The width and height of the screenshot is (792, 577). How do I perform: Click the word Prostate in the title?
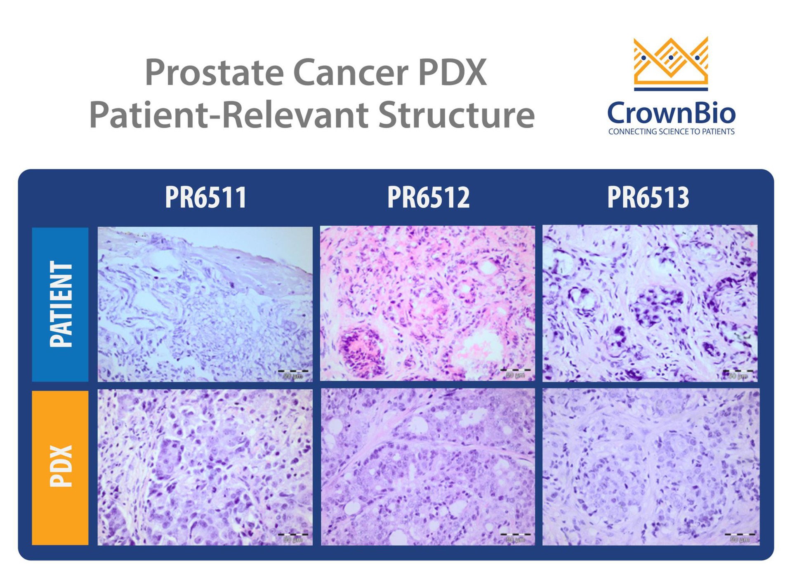215,73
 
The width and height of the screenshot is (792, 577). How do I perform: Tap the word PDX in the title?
453,73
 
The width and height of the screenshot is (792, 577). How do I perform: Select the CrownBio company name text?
671,113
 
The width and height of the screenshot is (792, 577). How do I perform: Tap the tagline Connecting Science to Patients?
671,132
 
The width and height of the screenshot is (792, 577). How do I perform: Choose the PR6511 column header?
205,197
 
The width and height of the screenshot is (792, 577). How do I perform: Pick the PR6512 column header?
428,197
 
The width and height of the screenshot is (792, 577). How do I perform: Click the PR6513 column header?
648,197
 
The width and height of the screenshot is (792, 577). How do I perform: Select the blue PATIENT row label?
60,304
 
